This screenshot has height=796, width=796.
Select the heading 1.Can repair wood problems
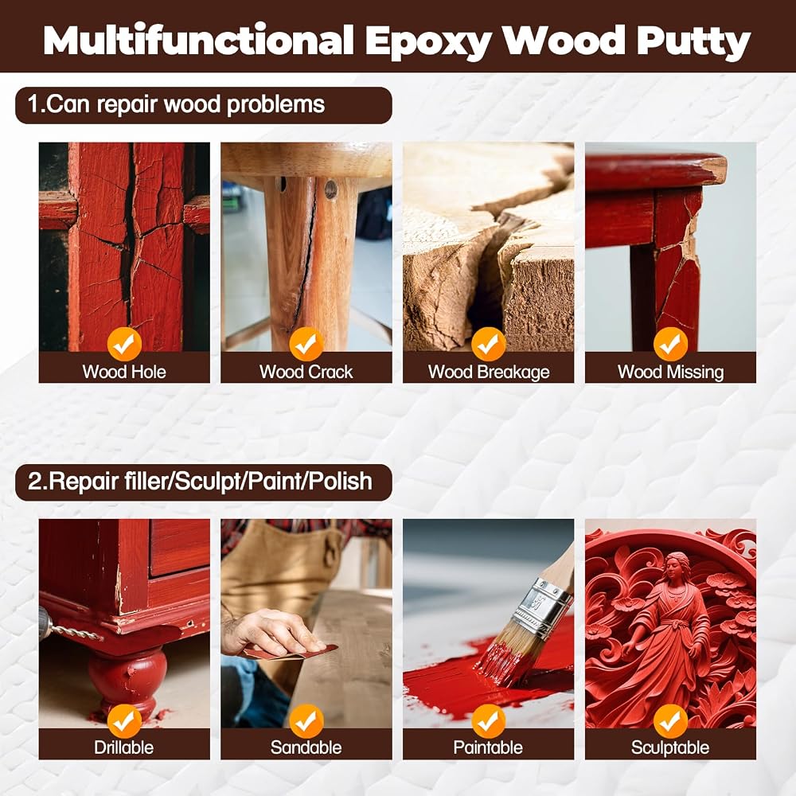[176, 104]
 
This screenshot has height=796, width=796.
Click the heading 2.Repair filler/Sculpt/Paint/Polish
[200, 482]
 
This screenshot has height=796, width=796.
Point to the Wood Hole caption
[124, 372]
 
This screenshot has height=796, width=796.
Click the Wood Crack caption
[306, 372]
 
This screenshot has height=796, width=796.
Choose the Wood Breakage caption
[489, 372]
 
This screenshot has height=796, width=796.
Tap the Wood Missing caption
[670, 372]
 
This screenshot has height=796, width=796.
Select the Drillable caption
[124, 747]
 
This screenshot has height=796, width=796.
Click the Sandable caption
[306, 747]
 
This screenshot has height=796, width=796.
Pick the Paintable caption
[489, 747]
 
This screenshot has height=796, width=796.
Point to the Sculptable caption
[670, 747]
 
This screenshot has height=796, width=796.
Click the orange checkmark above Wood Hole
[124, 344]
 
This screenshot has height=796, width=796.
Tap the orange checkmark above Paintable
[489, 721]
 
